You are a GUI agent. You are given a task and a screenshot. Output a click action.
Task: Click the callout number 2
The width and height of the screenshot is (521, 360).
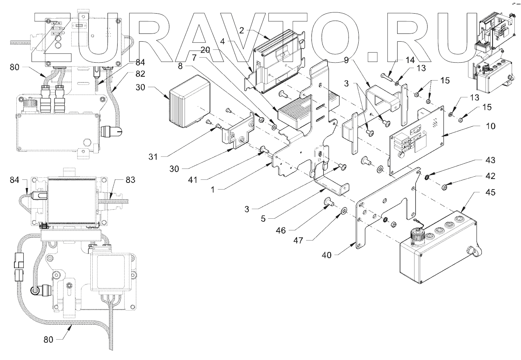point(241,30)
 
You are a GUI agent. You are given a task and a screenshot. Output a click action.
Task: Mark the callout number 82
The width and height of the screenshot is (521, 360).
point(141,72)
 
